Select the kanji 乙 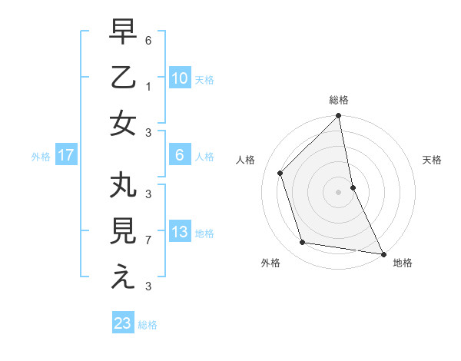click(123, 78)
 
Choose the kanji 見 click(123, 233)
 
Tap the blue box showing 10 click(180, 78)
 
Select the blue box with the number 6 click(180, 156)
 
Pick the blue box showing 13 click(180, 233)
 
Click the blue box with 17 click(66, 156)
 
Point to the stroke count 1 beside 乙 click(148, 87)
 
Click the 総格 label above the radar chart click(339, 100)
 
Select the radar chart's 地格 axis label click(403, 263)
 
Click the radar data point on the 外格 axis click(303, 243)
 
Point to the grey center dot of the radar click(339, 192)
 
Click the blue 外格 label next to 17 click(41, 157)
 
